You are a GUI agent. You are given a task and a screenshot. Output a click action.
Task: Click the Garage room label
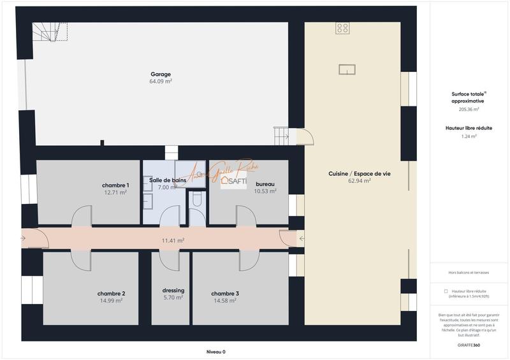(161, 74)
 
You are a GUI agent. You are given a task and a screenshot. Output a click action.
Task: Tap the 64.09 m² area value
(161, 82)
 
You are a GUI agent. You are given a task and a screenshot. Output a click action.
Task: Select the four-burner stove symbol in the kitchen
(343, 27)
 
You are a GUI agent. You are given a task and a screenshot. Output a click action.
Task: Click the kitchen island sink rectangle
(347, 69)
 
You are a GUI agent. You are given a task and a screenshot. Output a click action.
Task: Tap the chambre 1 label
(116, 185)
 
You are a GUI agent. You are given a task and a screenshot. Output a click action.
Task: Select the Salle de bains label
(167, 180)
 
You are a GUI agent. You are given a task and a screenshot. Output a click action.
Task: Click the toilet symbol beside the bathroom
(197, 201)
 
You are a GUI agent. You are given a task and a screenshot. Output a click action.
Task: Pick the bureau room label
(265, 184)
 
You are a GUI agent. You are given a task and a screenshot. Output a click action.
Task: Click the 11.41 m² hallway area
(173, 240)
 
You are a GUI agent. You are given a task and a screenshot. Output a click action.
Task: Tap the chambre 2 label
(111, 294)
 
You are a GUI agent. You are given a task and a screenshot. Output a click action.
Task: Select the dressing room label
(173, 291)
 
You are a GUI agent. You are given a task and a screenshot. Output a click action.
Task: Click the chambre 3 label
(225, 294)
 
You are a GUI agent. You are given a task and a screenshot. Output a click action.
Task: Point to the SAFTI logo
(233, 182)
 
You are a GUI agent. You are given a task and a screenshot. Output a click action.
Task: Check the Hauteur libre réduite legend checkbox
(446, 291)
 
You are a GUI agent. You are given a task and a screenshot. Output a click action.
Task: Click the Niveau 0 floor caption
(215, 352)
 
